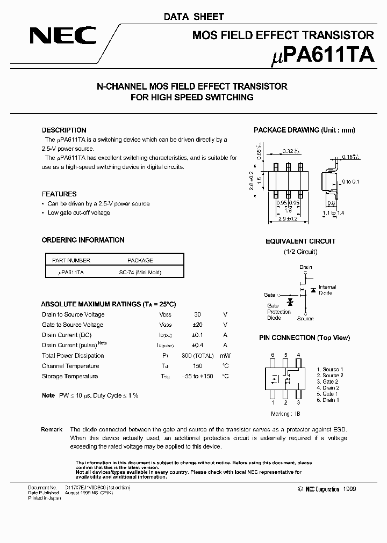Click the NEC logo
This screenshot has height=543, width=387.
[x=62, y=36]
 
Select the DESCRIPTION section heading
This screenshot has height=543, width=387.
[x=64, y=130]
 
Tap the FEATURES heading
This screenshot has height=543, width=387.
[x=59, y=194]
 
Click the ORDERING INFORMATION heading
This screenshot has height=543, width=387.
[x=83, y=240]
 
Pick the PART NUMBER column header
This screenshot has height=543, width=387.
[x=71, y=260]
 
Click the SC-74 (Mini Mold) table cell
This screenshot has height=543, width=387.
[x=140, y=273]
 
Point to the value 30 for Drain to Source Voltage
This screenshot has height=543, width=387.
[x=197, y=314]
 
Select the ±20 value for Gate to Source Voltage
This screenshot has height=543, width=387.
[x=197, y=325]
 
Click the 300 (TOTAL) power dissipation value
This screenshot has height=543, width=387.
[x=197, y=356]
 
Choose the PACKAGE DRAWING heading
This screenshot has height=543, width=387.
[x=304, y=130]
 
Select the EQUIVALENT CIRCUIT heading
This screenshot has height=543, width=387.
[x=300, y=241]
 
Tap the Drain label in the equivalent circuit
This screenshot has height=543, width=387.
[x=305, y=267]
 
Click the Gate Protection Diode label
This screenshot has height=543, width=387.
[x=279, y=312]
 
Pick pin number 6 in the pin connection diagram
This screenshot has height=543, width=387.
[x=273, y=355]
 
